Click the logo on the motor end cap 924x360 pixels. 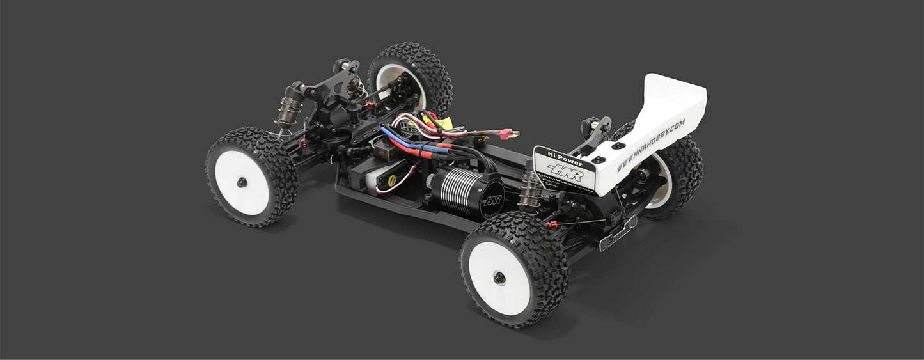(491, 200)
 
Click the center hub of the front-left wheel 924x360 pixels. (242, 183)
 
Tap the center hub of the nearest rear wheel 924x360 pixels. (499, 278)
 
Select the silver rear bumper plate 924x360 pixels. (618, 233)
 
